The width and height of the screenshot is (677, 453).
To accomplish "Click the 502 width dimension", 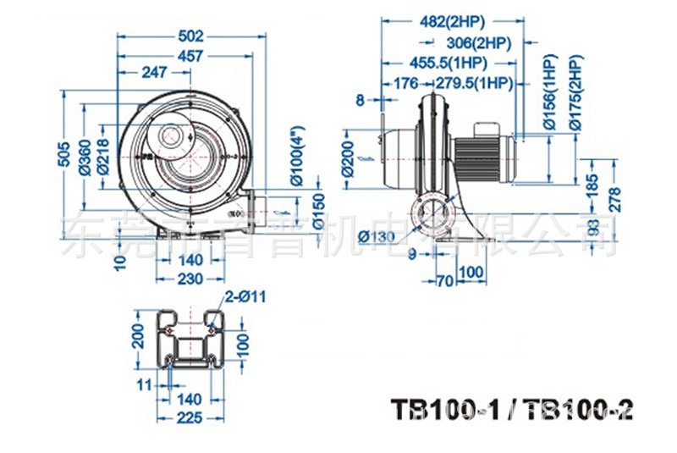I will pyautogui.click(x=192, y=36).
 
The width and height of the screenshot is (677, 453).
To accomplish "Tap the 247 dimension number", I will pyautogui.click(x=154, y=74).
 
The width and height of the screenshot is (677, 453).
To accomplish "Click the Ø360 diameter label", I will pyautogui.click(x=85, y=155).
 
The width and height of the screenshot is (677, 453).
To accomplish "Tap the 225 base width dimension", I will pyautogui.click(x=190, y=417).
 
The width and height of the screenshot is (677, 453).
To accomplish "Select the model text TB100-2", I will pyautogui.click(x=576, y=410).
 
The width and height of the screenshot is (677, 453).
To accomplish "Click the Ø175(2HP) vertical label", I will pyautogui.click(x=576, y=93).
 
